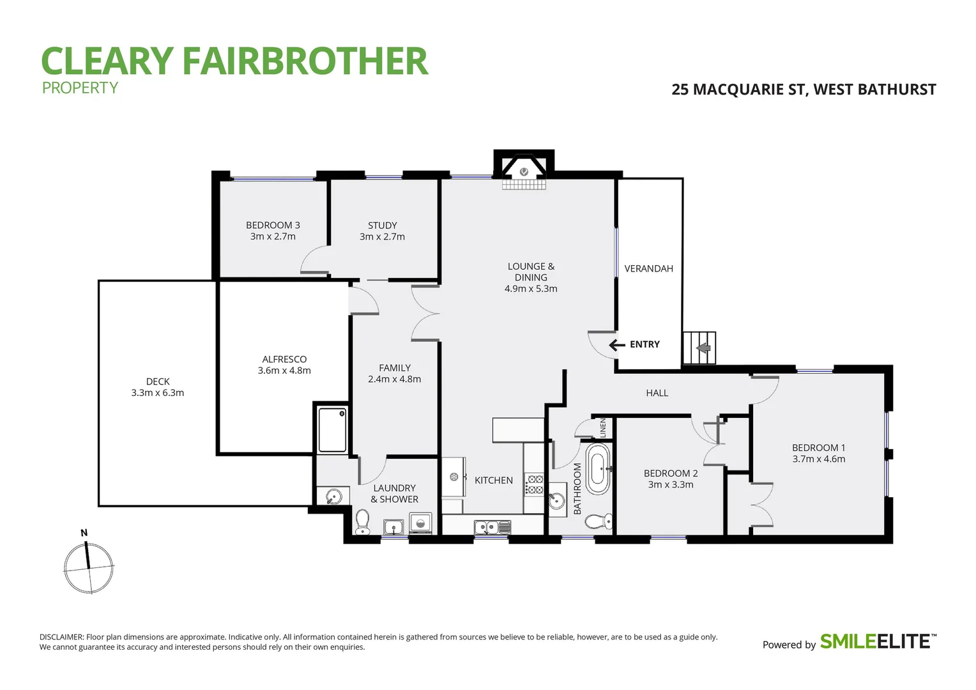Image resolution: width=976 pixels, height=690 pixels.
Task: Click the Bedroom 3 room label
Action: (x=273, y=225)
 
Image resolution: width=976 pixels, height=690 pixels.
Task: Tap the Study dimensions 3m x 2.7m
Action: (x=382, y=236)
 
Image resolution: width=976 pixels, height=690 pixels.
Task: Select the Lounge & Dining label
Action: (x=531, y=272)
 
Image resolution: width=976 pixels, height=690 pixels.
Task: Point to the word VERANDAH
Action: (x=648, y=269)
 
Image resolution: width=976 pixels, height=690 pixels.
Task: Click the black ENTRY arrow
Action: (x=616, y=345)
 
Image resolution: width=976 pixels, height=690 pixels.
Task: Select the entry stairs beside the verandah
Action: (x=699, y=348)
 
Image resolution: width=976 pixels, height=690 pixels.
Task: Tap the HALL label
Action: (x=657, y=394)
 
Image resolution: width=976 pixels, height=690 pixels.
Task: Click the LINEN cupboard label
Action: (x=602, y=427)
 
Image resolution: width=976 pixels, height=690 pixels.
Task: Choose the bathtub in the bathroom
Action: (x=598, y=470)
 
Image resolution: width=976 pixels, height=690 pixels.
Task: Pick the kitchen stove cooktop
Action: (x=534, y=485)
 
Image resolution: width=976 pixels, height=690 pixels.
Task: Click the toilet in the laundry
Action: (x=362, y=522)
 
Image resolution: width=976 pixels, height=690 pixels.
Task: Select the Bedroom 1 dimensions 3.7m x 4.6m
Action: (x=818, y=459)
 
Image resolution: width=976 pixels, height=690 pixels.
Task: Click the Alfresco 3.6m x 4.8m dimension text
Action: (x=284, y=371)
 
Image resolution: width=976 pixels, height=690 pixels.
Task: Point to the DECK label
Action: (x=158, y=381)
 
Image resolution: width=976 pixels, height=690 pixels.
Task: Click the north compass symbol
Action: (x=89, y=566)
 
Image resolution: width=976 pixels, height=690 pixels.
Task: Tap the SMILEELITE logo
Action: (x=878, y=641)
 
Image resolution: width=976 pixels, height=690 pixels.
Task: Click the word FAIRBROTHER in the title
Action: (x=305, y=61)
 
